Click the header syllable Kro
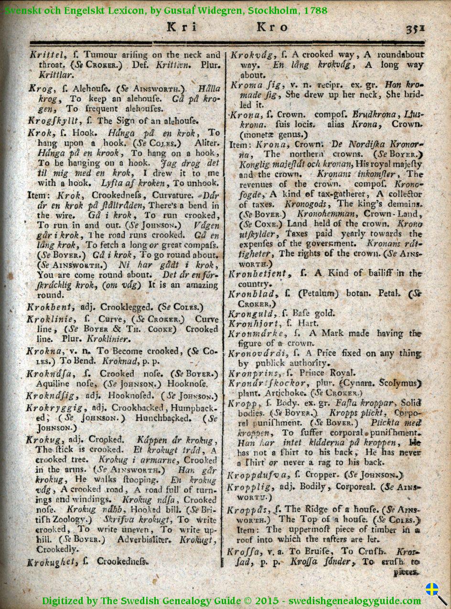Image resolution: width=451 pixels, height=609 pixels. tap(272, 27)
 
